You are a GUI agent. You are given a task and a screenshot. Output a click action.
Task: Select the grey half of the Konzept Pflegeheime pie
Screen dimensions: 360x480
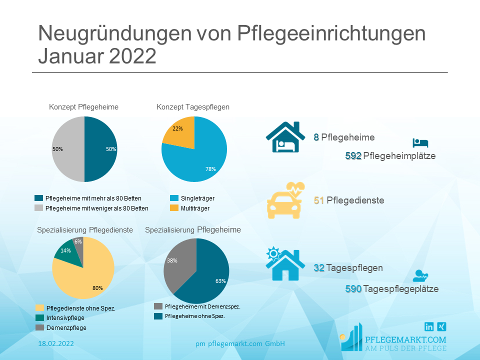click(68, 149)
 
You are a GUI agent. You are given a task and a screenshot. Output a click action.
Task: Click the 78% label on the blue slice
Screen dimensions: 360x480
click(210, 169)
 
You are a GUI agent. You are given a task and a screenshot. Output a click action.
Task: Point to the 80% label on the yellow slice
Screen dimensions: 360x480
click(97, 288)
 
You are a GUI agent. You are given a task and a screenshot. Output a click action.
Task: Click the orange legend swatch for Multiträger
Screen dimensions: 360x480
click(174, 208)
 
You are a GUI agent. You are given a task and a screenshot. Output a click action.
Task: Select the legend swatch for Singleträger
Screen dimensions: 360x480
click(174, 198)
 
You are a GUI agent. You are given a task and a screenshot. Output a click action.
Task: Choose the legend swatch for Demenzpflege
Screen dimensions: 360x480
click(39, 328)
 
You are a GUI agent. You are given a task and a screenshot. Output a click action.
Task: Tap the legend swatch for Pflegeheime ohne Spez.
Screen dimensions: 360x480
click(158, 316)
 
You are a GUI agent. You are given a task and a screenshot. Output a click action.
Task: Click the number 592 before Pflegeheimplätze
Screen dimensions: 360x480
click(353, 156)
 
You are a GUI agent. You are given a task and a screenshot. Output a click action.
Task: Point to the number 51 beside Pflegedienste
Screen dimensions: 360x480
click(319, 200)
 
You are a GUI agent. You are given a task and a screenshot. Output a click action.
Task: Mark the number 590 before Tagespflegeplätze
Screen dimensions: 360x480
click(353, 289)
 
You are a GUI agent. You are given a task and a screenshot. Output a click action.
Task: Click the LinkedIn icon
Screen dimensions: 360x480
click(429, 326)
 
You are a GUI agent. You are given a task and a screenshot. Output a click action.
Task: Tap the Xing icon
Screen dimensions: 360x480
click(441, 326)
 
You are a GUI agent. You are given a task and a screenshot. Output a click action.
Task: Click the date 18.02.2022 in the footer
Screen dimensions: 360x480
click(56, 343)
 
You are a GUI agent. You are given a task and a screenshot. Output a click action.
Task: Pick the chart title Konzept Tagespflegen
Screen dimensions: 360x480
click(193, 107)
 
